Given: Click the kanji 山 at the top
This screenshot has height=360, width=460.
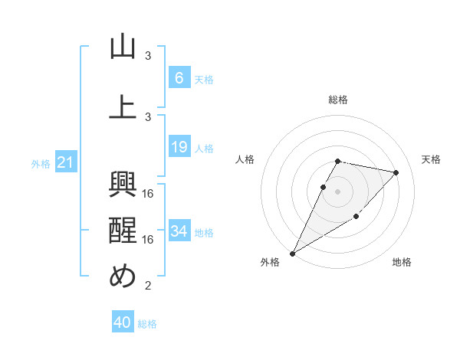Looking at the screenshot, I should coord(123,47).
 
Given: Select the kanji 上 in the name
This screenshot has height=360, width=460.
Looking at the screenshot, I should coord(123,107).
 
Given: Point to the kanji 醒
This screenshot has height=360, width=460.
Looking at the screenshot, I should coord(123,231).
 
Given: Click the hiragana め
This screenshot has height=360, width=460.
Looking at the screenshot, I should coord(123,277).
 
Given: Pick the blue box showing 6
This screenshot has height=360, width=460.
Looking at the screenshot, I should coord(179,78).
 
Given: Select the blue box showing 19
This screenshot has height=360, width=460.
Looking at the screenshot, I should coord(179,147).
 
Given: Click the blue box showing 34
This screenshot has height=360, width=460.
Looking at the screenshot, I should coord(179,231).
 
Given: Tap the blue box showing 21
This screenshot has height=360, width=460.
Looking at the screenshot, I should coord(65,162).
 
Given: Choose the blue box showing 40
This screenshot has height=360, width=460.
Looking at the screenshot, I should coord(123,322).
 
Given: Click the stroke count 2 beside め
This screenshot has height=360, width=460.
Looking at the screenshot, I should coord(149,286).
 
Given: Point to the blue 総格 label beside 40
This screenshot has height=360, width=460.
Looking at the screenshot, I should coord(147,324).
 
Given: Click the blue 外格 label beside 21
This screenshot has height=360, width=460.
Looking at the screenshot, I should coord(41,163).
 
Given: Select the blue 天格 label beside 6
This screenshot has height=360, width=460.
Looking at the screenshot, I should coord(203,80).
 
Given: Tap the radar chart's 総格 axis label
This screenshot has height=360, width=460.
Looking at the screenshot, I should coord(338,100).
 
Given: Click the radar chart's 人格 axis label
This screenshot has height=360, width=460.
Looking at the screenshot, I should coord(245,159).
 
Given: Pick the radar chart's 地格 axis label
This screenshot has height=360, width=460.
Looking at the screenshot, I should coord(402,262).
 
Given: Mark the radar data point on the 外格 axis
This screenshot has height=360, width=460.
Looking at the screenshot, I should coord(292,253).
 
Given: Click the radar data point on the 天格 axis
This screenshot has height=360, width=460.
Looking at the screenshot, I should coord(396,172).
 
